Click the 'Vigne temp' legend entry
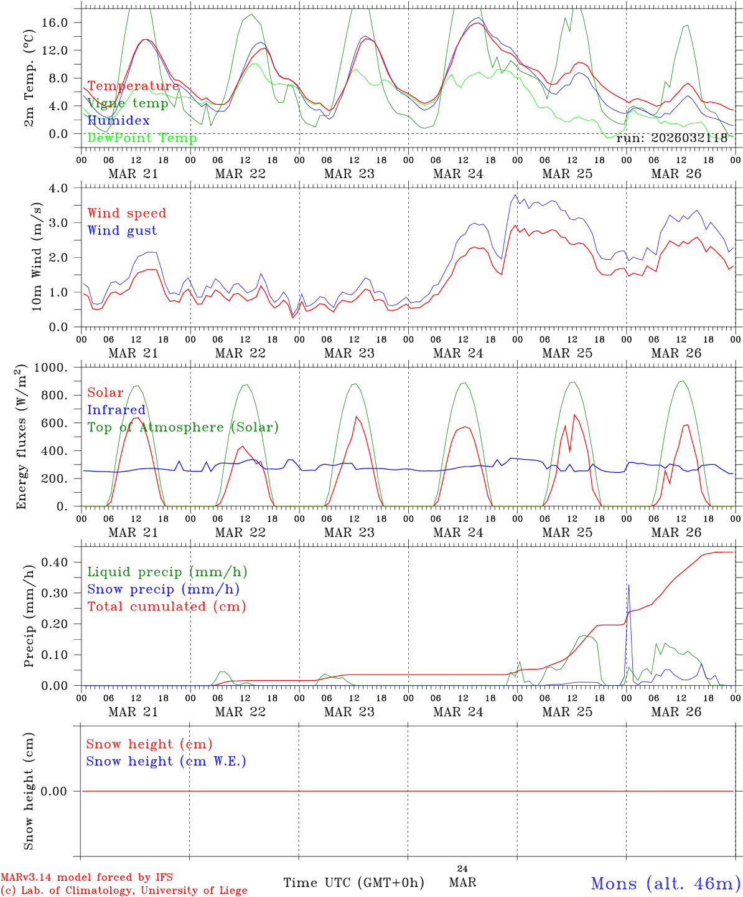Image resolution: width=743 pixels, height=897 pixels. coord(128,103)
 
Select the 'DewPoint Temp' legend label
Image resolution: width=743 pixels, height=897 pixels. coord(142,138)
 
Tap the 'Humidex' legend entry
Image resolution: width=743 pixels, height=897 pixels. coord(118,121)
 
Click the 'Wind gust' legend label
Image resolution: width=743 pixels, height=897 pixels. coord(122,230)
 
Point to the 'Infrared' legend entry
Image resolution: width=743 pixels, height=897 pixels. coord(116,410)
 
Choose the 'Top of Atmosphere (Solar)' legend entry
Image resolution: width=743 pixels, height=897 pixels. coord(183,427)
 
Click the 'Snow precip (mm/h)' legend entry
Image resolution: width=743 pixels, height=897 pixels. coord(163,589)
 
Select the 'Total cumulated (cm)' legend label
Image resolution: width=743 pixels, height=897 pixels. coord(167,607)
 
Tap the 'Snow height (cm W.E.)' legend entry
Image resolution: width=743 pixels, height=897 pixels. coord(166,761)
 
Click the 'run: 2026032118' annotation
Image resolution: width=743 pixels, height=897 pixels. coord(671,138)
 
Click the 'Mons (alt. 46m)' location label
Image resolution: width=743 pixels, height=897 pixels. coord(665,883)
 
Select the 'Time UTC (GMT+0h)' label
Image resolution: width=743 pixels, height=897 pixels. coord(353,883)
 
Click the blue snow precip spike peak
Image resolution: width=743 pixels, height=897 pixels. coord(629,585)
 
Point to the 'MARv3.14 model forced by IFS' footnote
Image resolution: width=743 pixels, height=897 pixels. coord(86,877)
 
